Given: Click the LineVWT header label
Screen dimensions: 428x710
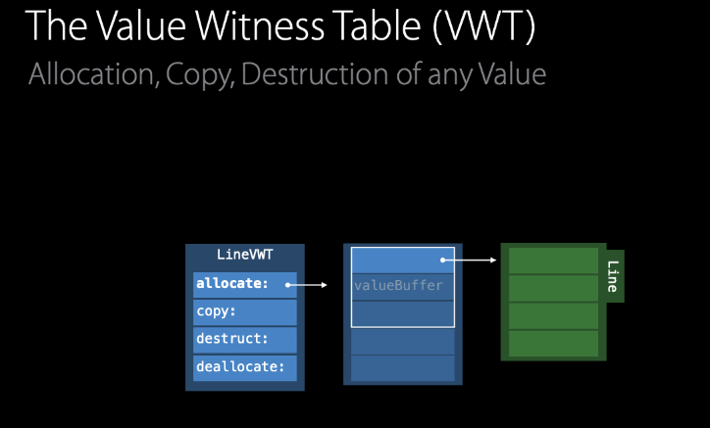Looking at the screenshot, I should (x=244, y=256).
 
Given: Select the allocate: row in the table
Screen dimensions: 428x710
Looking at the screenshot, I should (x=244, y=285).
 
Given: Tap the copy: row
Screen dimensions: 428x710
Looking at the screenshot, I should (x=244, y=312).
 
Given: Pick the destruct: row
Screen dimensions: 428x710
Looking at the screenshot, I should (x=244, y=340).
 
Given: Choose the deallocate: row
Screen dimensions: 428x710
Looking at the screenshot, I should (x=244, y=367).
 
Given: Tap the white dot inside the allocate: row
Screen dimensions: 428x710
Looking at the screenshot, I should (x=288, y=285).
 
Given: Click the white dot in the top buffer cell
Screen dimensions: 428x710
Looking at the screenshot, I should (x=443, y=261).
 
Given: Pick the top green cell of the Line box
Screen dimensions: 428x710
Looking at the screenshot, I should (x=553, y=261).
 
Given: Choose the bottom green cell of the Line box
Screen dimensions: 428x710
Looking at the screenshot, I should (x=553, y=344).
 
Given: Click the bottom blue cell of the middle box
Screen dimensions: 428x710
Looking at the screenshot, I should (x=403, y=368).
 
